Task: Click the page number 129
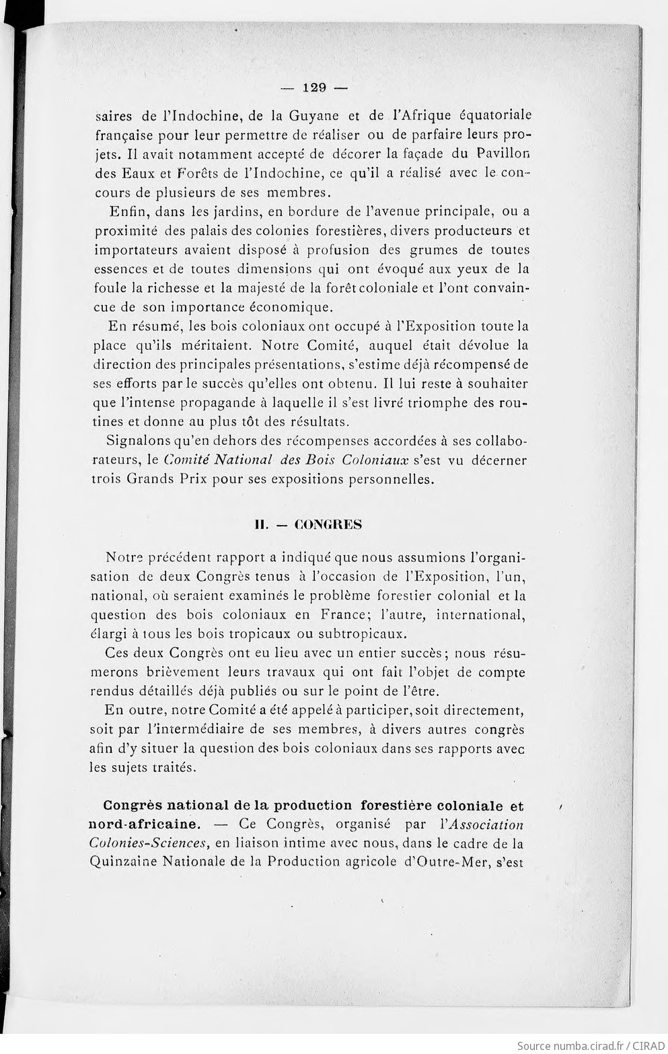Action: click(x=314, y=87)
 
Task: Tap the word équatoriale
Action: click(x=490, y=115)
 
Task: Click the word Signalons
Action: click(x=139, y=442)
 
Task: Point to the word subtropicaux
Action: click(x=361, y=634)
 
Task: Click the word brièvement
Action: click(x=182, y=672)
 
